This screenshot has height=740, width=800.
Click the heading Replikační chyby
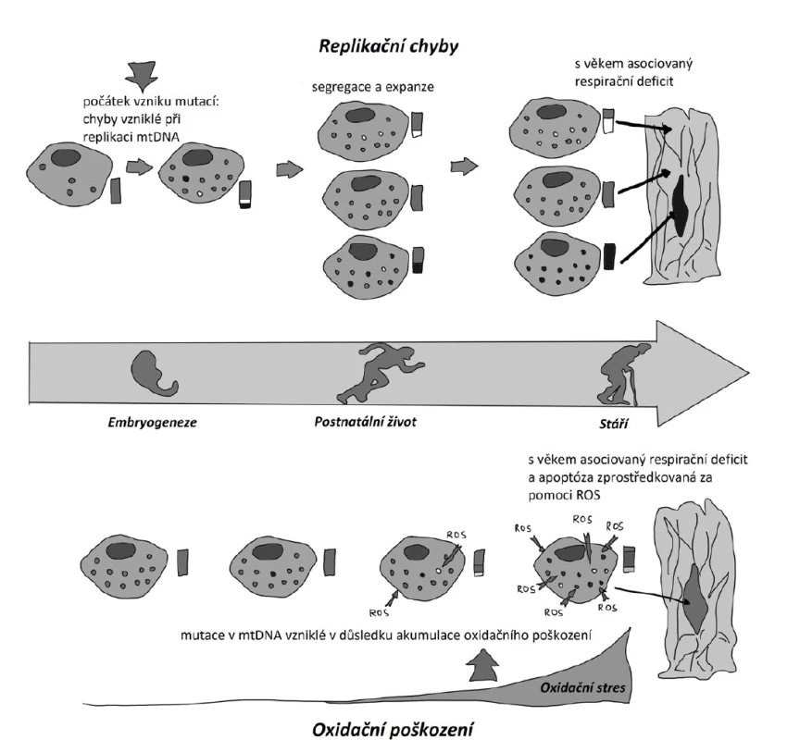[388, 46]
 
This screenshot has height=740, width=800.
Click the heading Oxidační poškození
[393, 729]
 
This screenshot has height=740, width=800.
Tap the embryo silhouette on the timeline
[153, 373]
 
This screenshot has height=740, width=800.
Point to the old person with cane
[624, 375]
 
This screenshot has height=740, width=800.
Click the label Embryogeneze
[152, 423]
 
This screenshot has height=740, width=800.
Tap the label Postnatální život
[365, 422]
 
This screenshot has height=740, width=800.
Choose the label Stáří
[613, 424]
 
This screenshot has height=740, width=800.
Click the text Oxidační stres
[582, 687]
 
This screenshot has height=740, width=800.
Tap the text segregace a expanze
[373, 87]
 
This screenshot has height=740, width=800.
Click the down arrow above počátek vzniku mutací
[142, 77]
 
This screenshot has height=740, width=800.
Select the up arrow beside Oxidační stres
[483, 664]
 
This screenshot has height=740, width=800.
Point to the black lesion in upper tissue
[680, 204]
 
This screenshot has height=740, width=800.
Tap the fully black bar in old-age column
[609, 257]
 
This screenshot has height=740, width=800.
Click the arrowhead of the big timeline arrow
[748, 373]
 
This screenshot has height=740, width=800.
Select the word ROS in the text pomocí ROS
[586, 495]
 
